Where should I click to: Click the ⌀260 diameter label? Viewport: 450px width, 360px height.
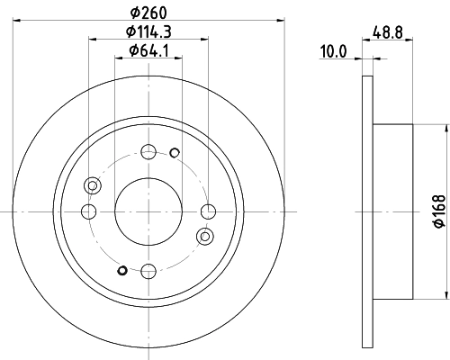click(148, 12)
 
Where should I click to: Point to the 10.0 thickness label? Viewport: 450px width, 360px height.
click(334, 52)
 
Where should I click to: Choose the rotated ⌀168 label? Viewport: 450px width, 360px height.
click(435, 211)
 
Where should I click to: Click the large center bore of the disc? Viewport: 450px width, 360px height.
click(148, 211)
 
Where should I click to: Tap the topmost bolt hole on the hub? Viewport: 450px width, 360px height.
click(148, 151)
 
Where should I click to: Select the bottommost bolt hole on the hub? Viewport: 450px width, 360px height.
click(148, 269)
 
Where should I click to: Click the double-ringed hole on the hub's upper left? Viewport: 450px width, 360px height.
click(91, 185)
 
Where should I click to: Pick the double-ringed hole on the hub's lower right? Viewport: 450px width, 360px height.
click(205, 237)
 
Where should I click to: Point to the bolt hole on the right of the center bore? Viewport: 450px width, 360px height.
click(209, 211)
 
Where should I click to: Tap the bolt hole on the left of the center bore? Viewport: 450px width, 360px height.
click(88, 211)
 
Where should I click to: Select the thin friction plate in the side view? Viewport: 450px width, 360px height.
click(366, 211)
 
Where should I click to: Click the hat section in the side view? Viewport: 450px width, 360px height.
click(391, 211)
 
